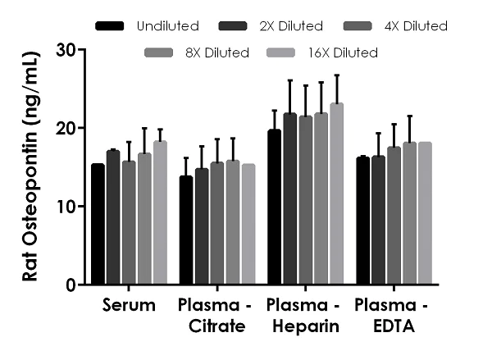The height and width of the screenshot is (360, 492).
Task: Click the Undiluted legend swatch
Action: [x=110, y=26]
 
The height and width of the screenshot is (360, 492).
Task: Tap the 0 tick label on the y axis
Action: [x=71, y=285]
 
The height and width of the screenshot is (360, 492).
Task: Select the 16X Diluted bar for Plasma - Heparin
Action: [x=336, y=194]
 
